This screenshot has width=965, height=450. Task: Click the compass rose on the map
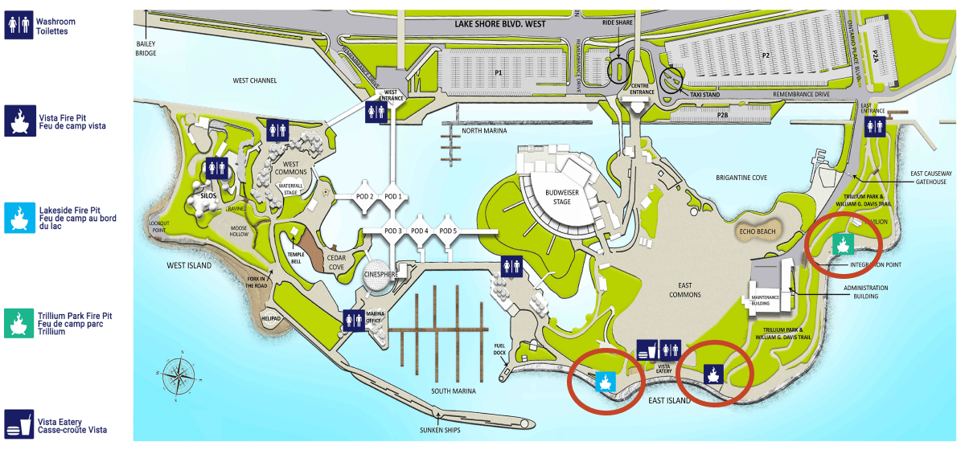[x=177, y=378]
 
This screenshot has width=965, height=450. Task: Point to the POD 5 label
[x=448, y=231]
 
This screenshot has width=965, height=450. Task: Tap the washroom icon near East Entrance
[x=874, y=127]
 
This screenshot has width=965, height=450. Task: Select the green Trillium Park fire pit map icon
[x=843, y=243]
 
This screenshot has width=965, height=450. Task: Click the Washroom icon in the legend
[x=18, y=24]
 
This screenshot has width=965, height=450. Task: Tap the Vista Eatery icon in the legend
[x=18, y=423]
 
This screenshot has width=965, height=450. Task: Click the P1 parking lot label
[x=499, y=73]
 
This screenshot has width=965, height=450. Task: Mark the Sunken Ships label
[x=438, y=431]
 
